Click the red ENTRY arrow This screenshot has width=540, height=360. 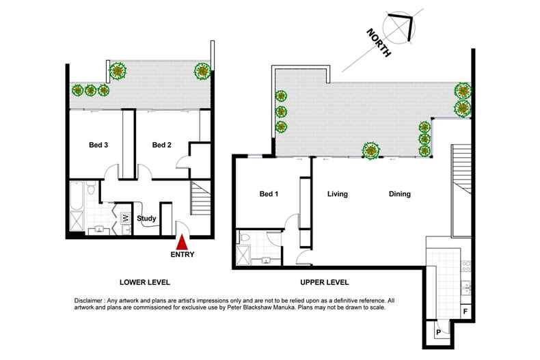(182, 243)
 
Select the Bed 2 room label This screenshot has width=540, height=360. (161, 145)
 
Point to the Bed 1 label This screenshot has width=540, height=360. (269, 194)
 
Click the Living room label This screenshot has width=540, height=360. (338, 194)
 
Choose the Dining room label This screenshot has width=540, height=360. (400, 194)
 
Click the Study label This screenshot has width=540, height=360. (147, 219)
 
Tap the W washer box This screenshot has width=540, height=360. (125, 219)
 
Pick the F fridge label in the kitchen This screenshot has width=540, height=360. (465, 311)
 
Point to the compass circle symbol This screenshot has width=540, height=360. (400, 27)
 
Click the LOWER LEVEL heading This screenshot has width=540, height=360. (144, 282)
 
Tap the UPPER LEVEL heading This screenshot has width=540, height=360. (324, 282)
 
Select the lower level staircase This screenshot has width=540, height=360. (201, 199)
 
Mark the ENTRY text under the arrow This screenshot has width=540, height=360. (183, 255)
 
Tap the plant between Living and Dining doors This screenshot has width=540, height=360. (371, 150)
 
